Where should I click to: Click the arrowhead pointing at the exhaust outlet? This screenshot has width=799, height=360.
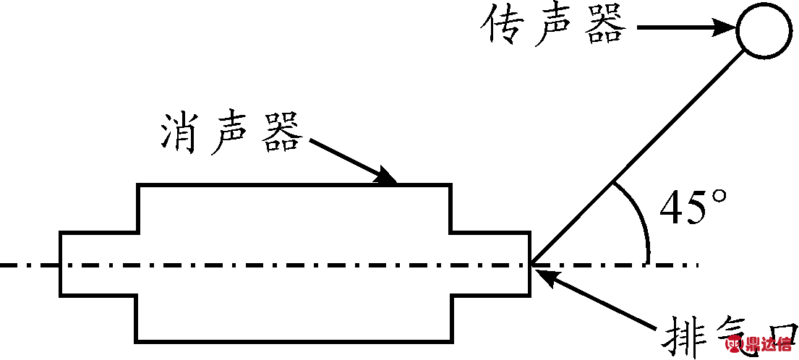[544, 273]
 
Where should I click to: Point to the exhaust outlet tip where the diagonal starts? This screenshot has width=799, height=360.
[531, 264]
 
